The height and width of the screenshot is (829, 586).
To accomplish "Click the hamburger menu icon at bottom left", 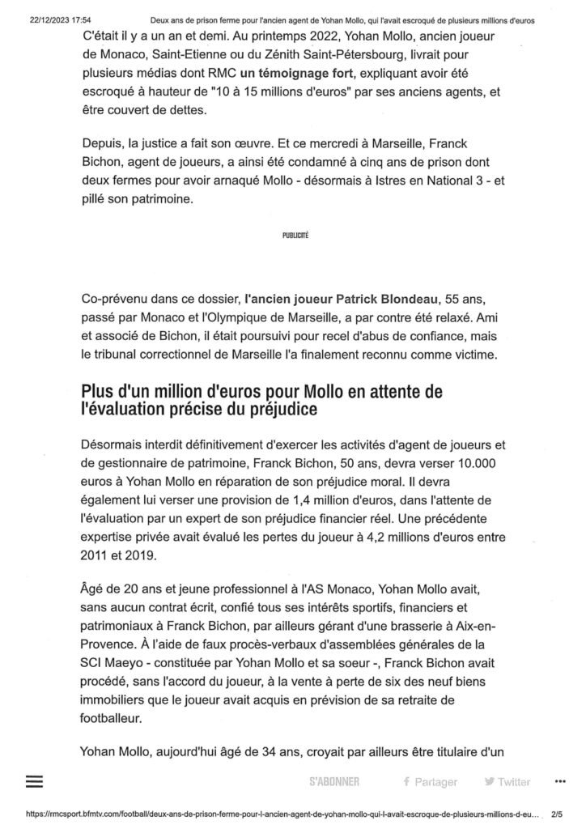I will (x=34, y=781).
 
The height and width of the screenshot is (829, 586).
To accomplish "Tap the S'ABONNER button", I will (x=333, y=782).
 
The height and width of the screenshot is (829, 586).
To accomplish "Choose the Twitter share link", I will (x=507, y=782).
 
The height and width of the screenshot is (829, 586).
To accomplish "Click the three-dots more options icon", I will (x=561, y=781).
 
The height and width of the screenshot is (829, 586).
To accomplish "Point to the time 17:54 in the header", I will (x=80, y=19).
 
